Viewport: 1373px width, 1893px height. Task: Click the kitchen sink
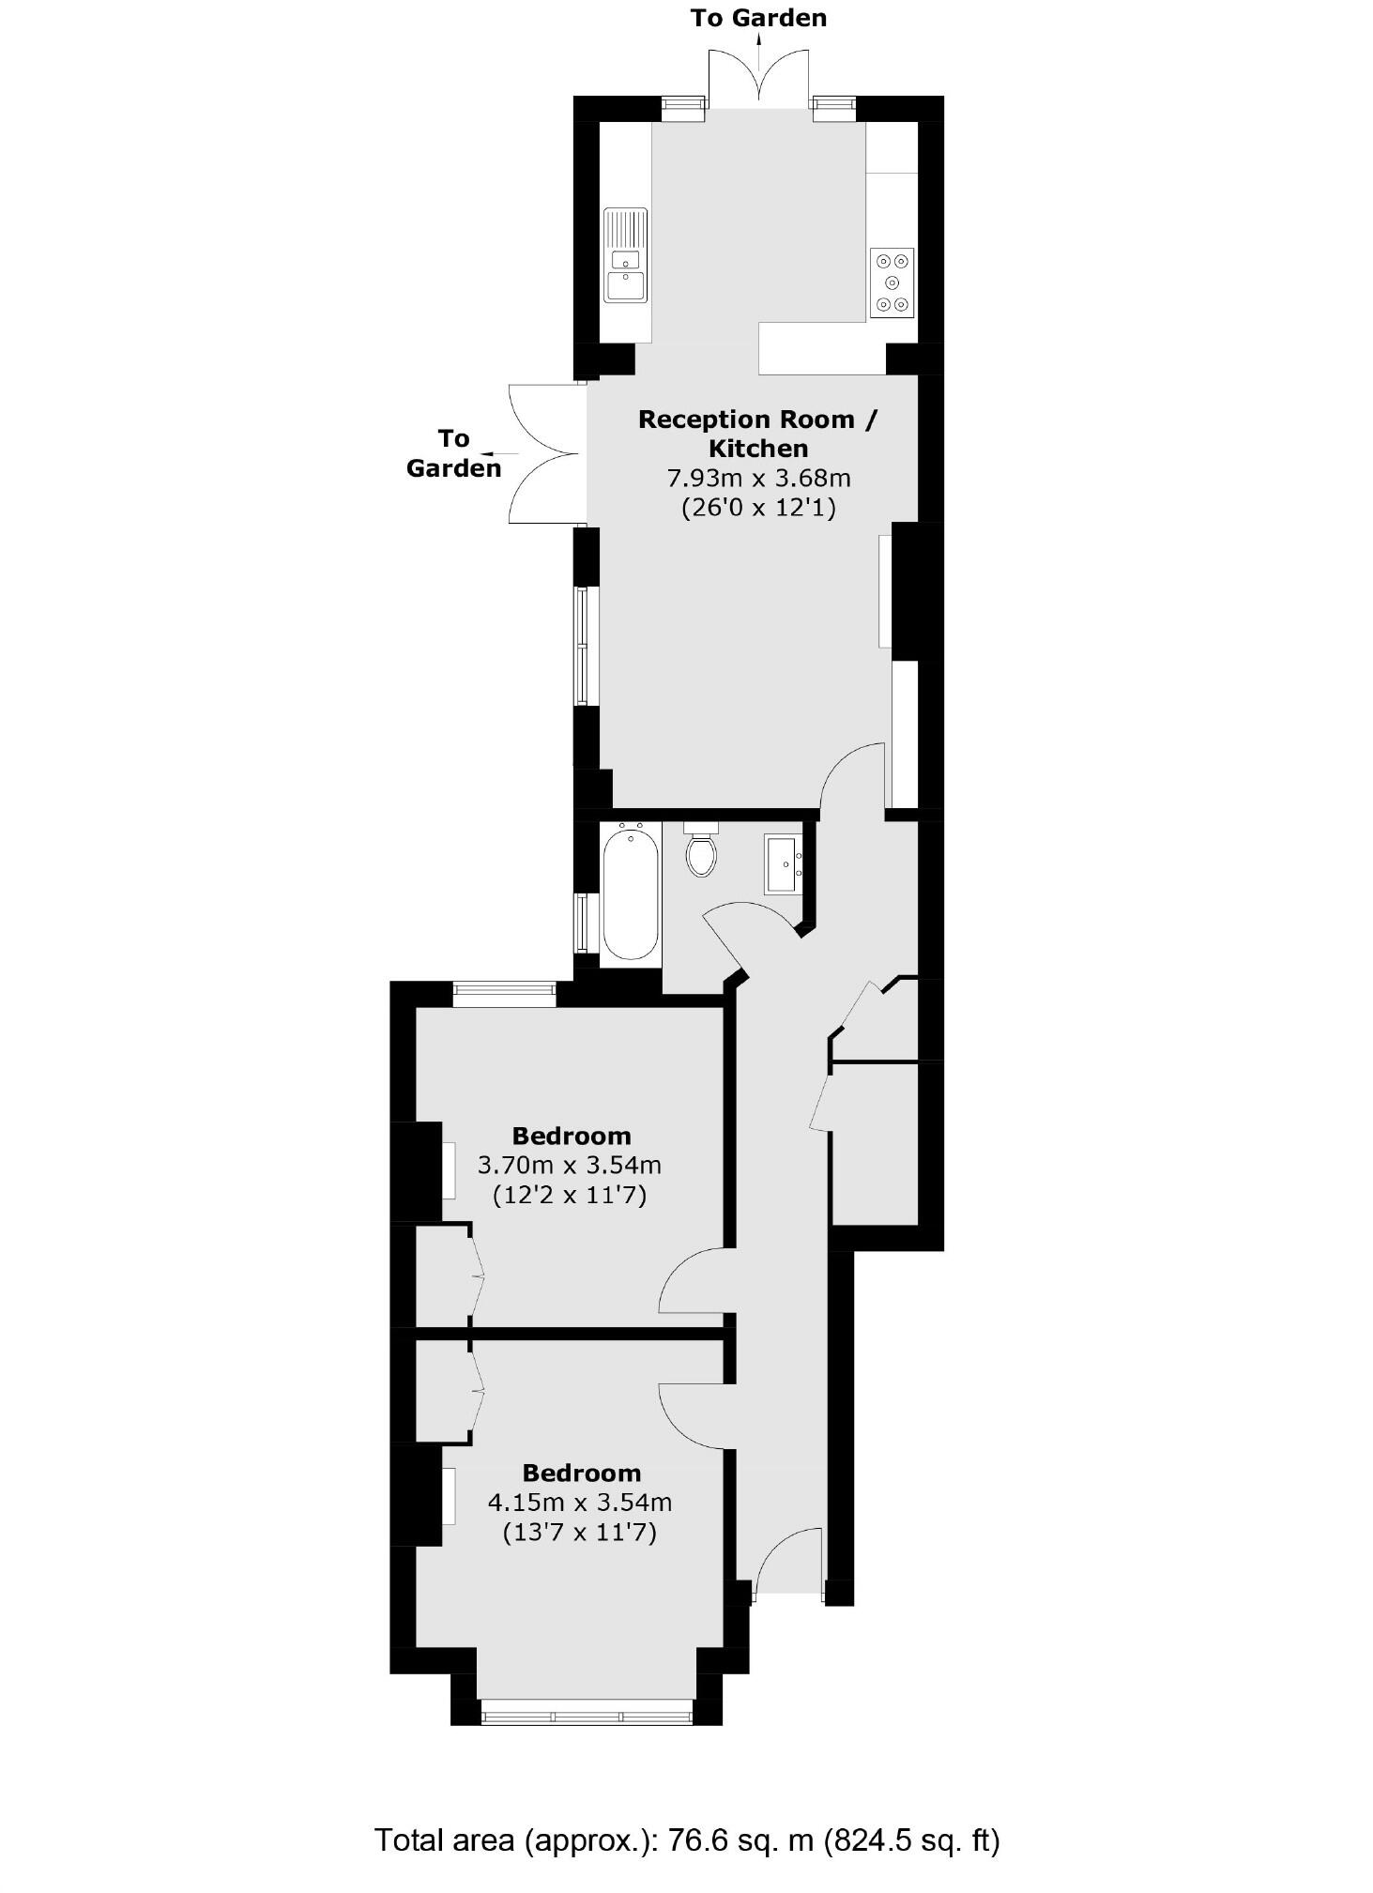point(626,255)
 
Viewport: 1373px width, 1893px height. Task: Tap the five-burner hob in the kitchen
point(892,282)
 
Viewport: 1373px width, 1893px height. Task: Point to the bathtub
point(630,892)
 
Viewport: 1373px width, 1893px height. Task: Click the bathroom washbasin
point(782,863)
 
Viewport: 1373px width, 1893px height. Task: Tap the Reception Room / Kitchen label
point(758,434)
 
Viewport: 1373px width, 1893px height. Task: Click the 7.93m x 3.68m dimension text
point(758,479)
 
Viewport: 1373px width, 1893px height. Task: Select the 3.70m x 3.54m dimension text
point(570,1166)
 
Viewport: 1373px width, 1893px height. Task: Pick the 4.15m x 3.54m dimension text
point(580,1503)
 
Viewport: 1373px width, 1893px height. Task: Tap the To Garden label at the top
point(758,18)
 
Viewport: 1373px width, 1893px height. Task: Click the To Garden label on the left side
point(453,453)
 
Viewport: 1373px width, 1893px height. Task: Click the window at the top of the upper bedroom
point(504,994)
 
